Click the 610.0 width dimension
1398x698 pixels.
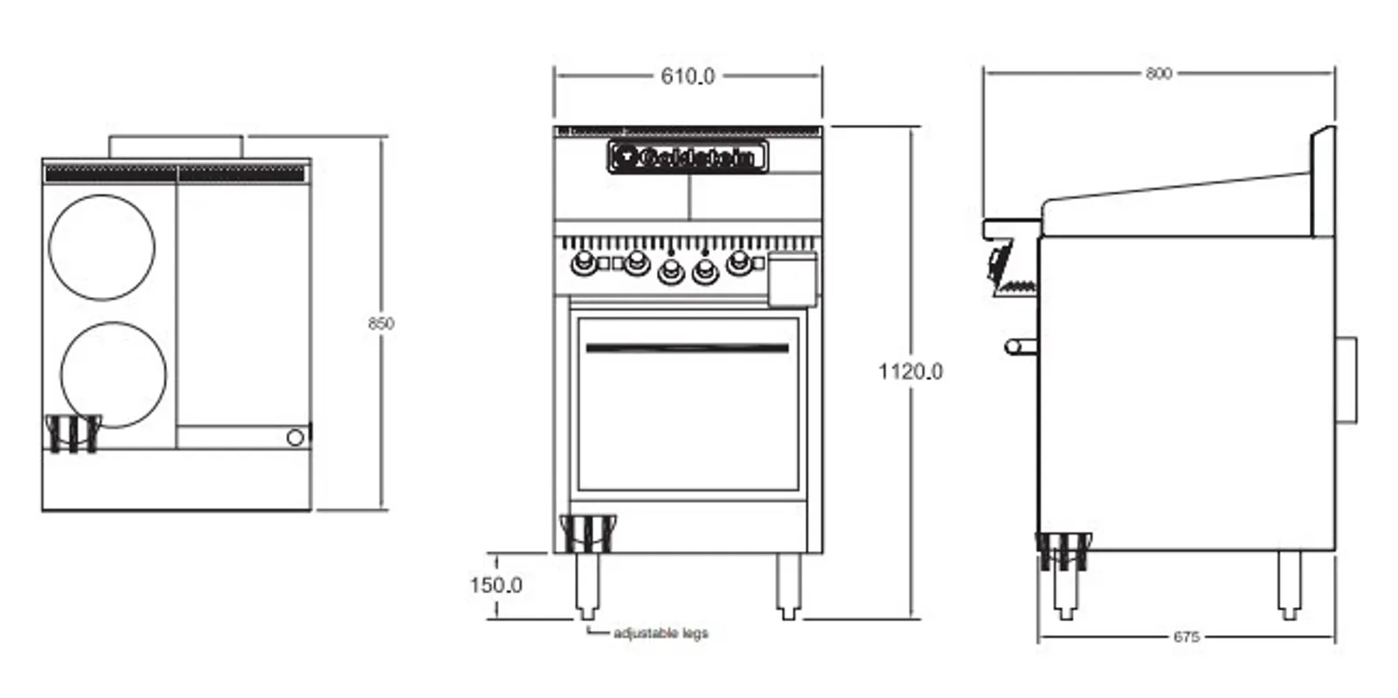tap(687, 77)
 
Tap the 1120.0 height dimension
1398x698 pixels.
tap(910, 372)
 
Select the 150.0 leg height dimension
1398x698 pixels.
tap(495, 584)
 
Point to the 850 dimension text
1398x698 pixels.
tap(380, 323)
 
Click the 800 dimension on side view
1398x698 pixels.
tap(1158, 74)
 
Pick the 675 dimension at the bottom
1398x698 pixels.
tap(1186, 637)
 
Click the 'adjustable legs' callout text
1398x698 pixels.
tap(661, 633)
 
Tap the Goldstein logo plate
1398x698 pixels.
tap(688, 157)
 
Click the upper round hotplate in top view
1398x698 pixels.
tap(101, 247)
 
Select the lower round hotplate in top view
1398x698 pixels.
tap(114, 374)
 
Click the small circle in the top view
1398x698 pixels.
tap(296, 436)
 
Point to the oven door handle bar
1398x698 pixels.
tap(687, 348)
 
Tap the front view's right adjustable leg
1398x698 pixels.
tap(788, 585)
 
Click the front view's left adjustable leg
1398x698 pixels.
tap(587, 585)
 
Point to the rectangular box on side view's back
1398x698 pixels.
tap(1346, 380)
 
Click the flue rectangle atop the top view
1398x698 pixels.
tap(175, 147)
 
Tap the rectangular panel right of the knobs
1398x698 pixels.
tap(792, 279)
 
